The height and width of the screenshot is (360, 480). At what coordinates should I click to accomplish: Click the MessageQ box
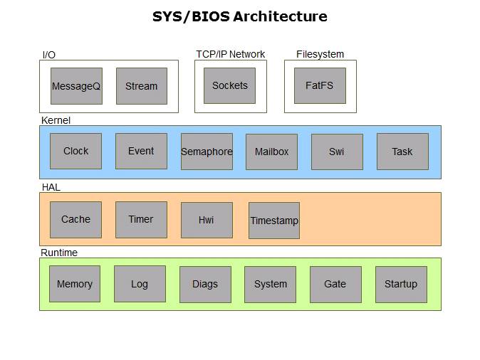[76, 86]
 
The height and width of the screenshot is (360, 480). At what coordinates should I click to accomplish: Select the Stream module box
[141, 86]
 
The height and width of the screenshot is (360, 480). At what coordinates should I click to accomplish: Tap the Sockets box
[229, 85]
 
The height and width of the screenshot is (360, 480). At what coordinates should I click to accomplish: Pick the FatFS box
[320, 85]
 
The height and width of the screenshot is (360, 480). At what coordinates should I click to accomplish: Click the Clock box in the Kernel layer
[75, 151]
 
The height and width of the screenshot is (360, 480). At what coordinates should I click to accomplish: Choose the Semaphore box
[207, 152]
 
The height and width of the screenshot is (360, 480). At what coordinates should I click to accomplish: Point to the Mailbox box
[271, 152]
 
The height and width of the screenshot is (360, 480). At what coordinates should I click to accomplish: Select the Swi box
[337, 152]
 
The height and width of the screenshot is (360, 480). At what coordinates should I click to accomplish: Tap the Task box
[402, 152]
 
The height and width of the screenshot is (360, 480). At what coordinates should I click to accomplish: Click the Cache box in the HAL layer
[75, 219]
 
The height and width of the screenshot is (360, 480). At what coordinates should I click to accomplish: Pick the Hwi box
[207, 221]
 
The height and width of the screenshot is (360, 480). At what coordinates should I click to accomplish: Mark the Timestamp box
[274, 221]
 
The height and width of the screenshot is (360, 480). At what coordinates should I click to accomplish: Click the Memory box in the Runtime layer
[75, 284]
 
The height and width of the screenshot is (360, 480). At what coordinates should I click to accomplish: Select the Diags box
[205, 285]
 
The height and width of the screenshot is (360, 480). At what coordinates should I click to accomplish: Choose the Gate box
[335, 285]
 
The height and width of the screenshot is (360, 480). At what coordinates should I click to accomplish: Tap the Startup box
[401, 285]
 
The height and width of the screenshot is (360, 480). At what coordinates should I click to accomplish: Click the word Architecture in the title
[279, 16]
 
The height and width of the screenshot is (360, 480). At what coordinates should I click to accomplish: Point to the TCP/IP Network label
[230, 54]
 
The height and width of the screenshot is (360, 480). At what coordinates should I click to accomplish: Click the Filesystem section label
[320, 54]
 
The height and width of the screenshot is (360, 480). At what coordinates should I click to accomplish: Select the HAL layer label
[51, 187]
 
